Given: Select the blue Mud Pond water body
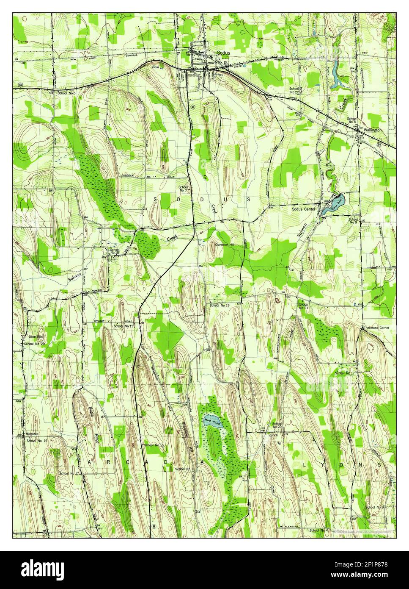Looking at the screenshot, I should pos(209,419).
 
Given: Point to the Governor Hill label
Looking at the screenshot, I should pos(224,244).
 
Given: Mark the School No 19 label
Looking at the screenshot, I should pos(219,305).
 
